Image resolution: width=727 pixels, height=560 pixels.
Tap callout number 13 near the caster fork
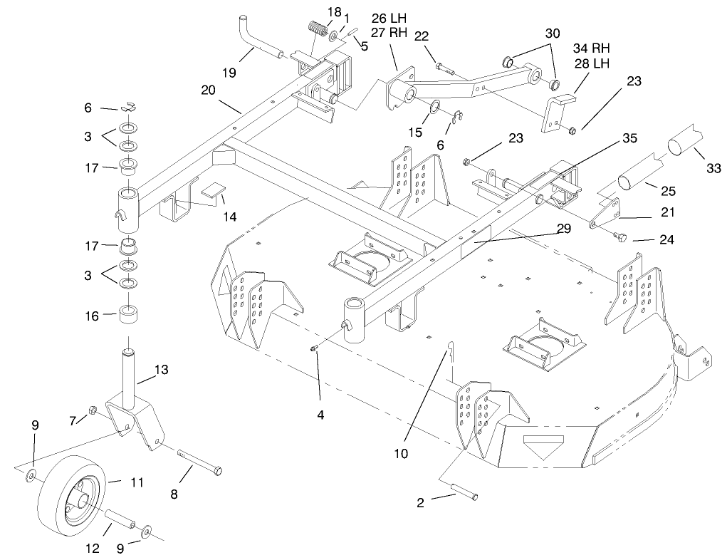click(x=162, y=369)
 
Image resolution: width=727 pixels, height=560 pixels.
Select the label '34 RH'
click(x=592, y=48)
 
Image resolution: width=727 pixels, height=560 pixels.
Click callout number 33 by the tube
click(x=714, y=168)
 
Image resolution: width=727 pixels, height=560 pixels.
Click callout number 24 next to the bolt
click(x=666, y=239)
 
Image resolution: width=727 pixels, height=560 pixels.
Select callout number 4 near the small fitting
click(x=320, y=415)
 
